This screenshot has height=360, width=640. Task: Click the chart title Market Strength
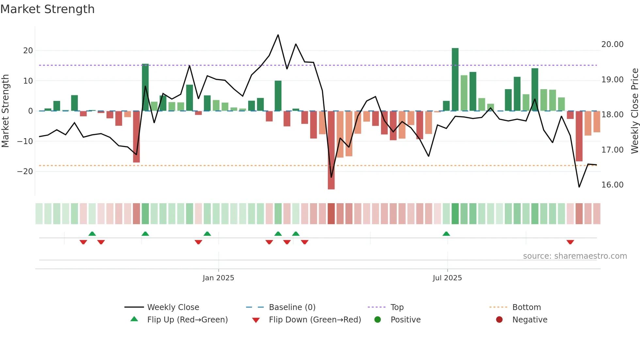pos(47,9)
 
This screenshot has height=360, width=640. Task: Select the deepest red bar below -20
pos(331,150)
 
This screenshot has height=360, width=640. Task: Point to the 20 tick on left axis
pos(28,51)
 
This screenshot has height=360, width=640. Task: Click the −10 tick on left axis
pos(25,141)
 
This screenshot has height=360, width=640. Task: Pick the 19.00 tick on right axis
pos(612,80)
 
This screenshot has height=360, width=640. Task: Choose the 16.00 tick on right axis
pos(612,185)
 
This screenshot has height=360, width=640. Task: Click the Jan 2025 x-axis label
pos(218,278)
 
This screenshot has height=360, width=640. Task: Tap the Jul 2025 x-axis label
pos(447,278)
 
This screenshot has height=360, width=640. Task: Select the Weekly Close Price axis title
pos(634,111)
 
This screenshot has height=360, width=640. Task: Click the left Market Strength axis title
pos(5,111)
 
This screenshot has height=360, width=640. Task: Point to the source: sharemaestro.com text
pos(575,256)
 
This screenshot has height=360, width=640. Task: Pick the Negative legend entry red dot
pos(499,320)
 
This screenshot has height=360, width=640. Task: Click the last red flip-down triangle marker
pos(570,242)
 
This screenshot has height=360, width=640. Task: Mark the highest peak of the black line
pos(278,35)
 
